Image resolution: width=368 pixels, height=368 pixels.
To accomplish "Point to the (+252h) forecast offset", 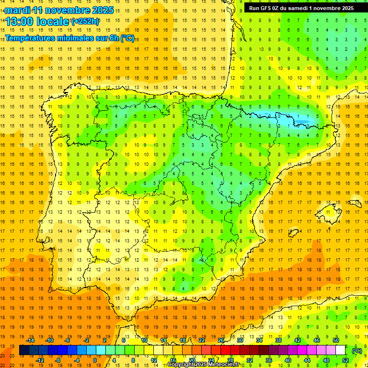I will pyautogui.click(x=85, y=21).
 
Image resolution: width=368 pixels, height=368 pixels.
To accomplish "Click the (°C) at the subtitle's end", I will pyautogui.click(x=127, y=38).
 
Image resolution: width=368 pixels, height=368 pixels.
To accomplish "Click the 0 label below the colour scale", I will pyautogui.click(x=94, y=360).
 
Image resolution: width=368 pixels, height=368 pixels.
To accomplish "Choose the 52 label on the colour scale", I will pyautogui.click(x=345, y=360).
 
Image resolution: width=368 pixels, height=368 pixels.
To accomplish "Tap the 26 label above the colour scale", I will pyautogui.click(x=220, y=340).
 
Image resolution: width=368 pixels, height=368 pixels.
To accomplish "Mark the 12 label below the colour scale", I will pyautogui.click(x=154, y=360).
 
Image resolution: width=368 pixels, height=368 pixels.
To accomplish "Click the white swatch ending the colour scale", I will pyautogui.click(x=341, y=350).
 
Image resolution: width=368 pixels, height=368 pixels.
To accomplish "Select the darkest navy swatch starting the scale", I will pyautogui.click(x=24, y=350).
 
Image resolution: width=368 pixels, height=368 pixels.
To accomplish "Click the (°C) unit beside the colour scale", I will pyautogui.click(x=357, y=350).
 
